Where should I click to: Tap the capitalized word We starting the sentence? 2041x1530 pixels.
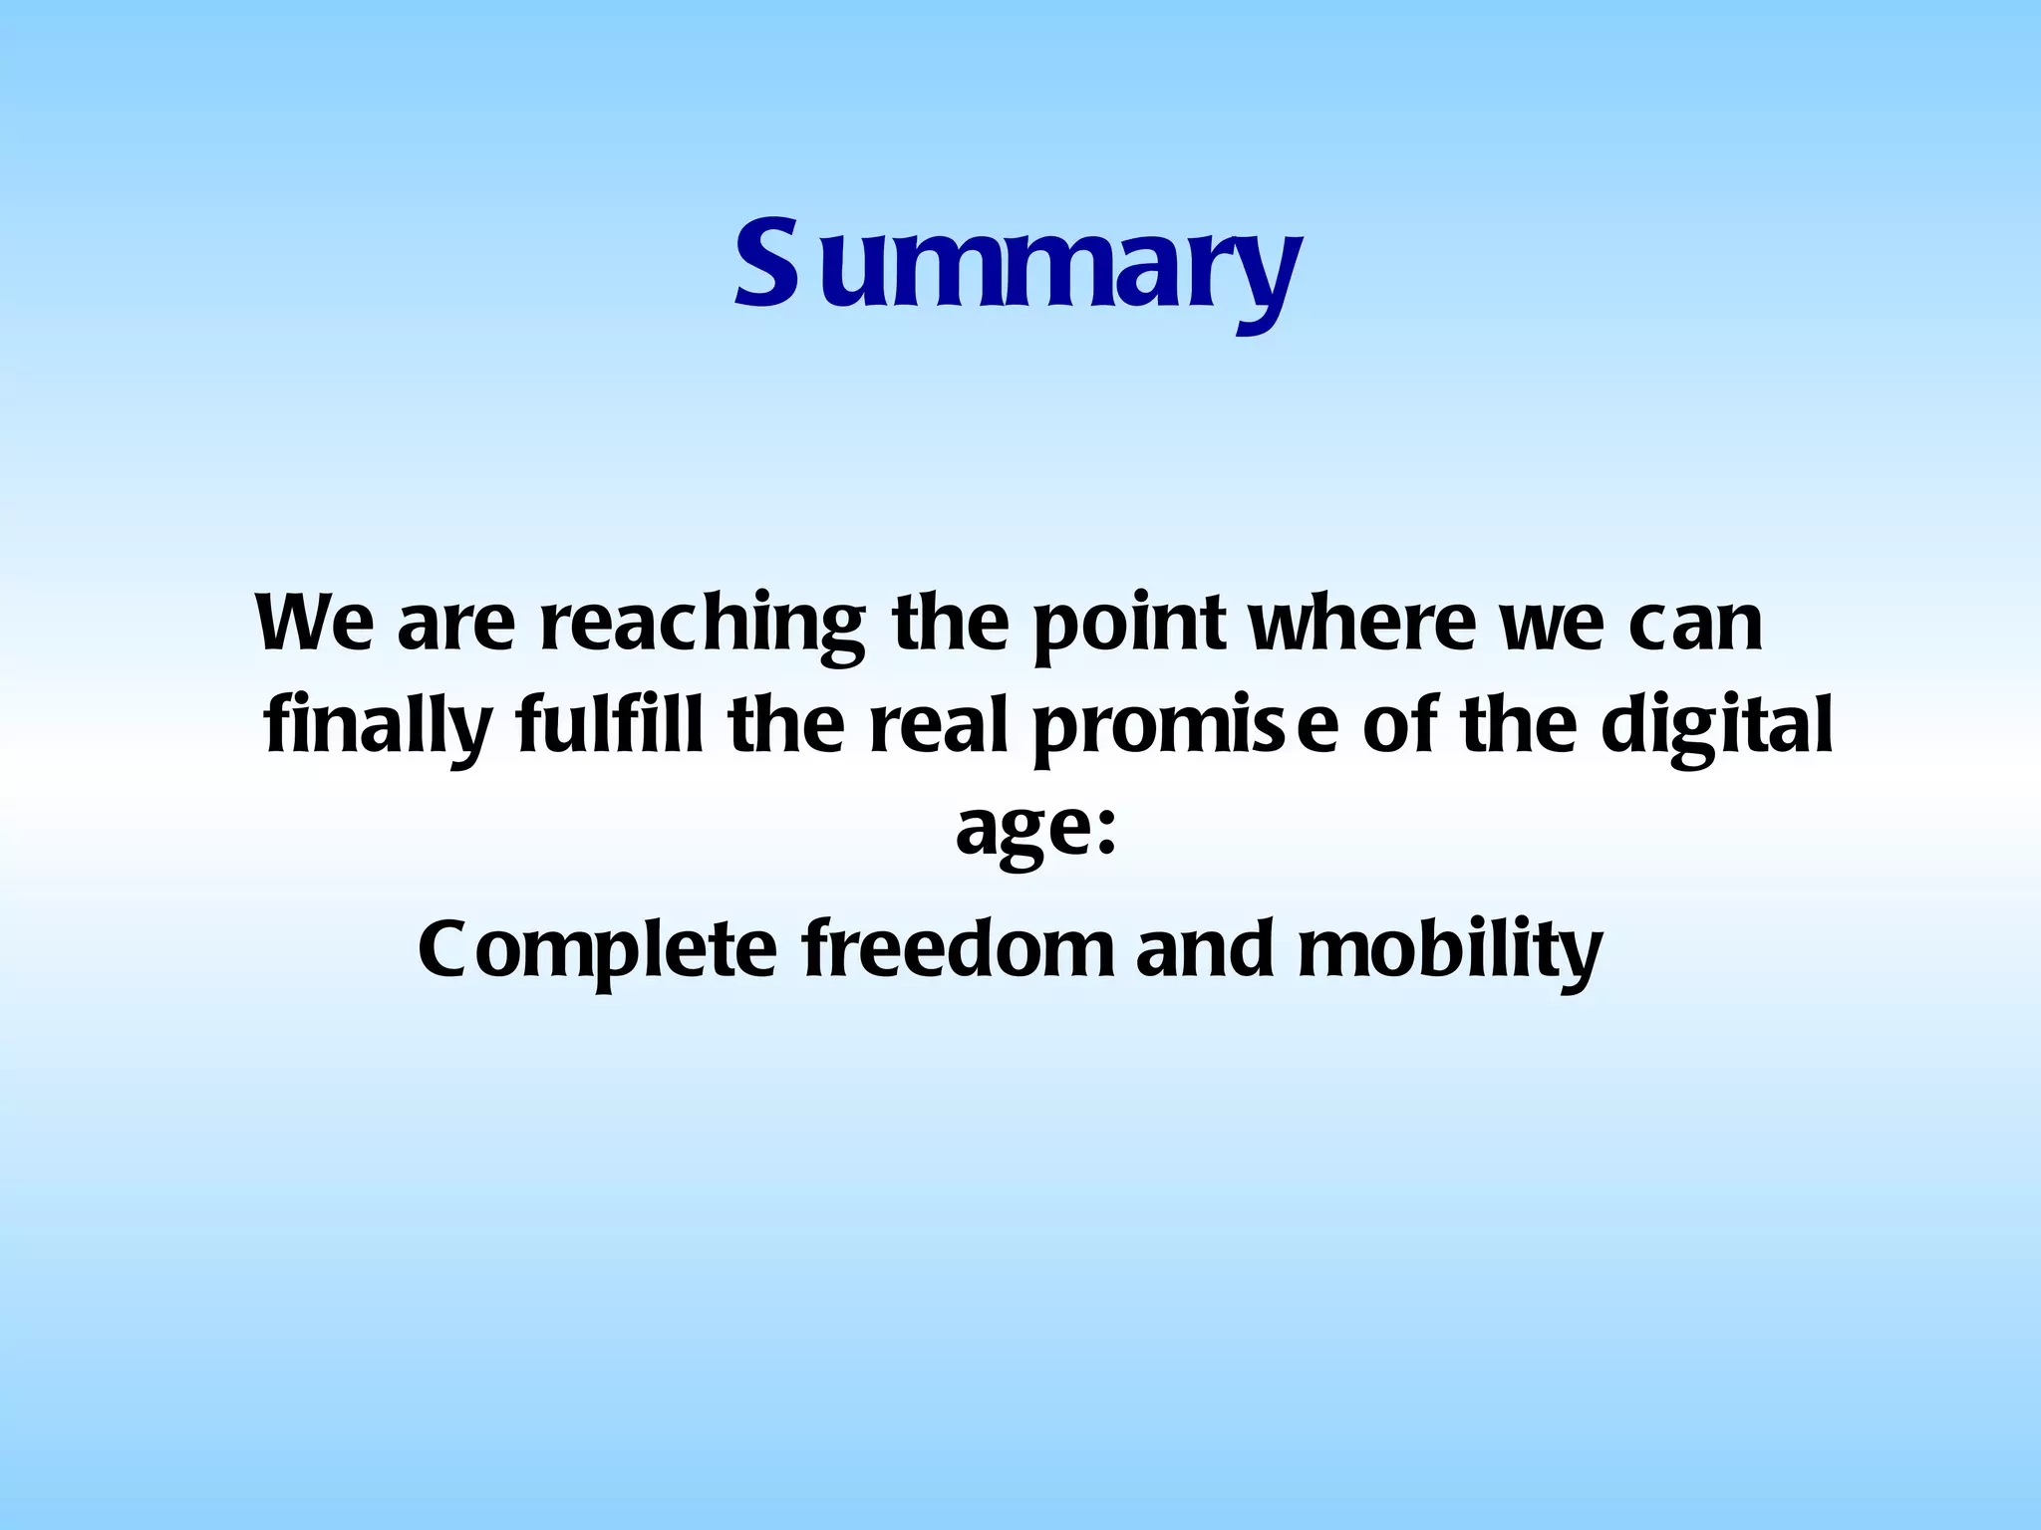point(314,623)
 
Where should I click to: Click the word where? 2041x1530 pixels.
point(1362,623)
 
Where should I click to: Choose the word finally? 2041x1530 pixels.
point(378,727)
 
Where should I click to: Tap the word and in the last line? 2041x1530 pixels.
point(1204,948)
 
